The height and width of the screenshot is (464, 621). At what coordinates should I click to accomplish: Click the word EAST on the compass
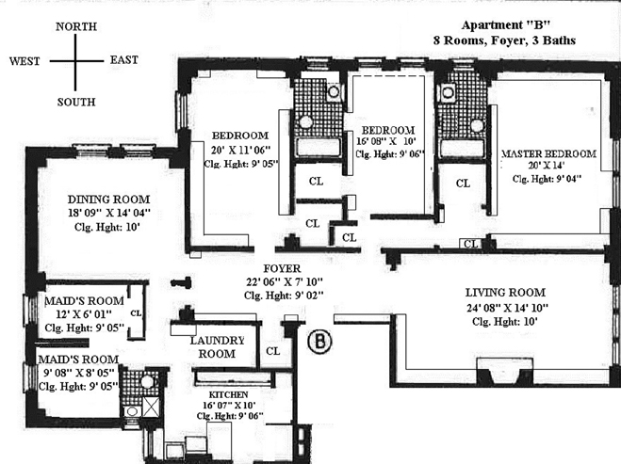coord(124,60)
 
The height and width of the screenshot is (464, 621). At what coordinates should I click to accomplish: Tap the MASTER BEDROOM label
coord(548,152)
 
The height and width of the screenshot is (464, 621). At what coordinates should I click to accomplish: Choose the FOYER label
coord(276,266)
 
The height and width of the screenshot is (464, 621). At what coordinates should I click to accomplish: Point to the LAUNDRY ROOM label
coord(217,346)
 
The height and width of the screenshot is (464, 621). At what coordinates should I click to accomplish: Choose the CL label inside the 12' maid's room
coord(136,312)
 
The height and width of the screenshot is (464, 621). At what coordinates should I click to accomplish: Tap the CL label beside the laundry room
coord(272,351)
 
